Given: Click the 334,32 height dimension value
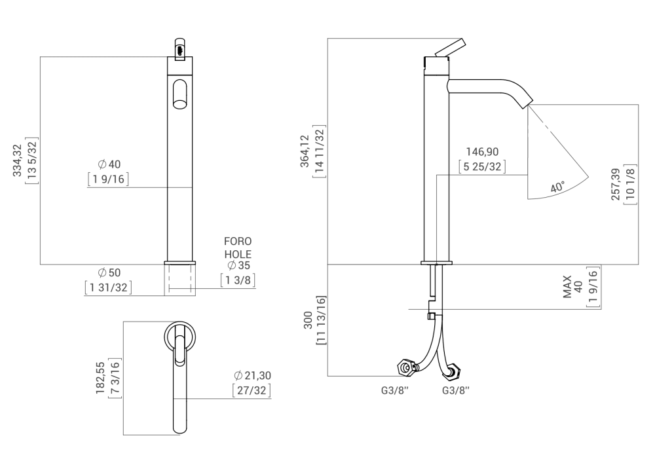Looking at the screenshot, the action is (x=18, y=160).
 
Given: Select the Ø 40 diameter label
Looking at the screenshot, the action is (x=109, y=164).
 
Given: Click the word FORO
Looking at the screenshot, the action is (x=238, y=242).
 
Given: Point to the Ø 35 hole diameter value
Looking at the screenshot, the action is (x=238, y=266).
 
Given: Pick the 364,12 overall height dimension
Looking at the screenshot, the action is (x=304, y=151).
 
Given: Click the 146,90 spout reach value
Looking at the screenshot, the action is (x=482, y=151).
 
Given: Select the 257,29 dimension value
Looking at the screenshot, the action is (x=615, y=185).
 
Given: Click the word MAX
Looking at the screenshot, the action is (x=568, y=287).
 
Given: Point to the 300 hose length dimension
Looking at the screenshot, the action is (x=307, y=320).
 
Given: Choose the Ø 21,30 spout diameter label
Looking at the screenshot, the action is (x=253, y=375).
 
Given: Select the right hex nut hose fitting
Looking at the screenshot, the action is (x=454, y=371).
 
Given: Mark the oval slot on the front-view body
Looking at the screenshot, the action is (x=179, y=93).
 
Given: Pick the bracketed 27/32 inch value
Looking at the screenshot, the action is (x=252, y=391).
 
